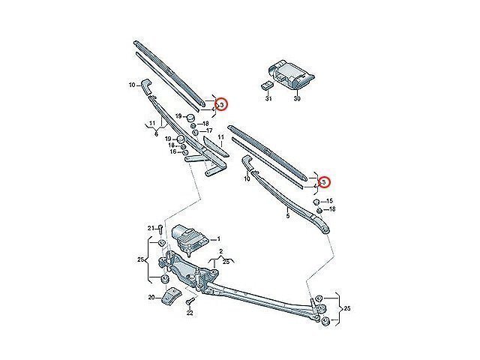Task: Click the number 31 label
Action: coord(268,98)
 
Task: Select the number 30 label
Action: coord(297,98)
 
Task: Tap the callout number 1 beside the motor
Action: coord(218,238)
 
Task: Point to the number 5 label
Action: coord(288,216)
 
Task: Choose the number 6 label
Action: coord(156,134)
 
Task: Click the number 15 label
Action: coord(329,201)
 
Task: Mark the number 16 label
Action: coord(173,151)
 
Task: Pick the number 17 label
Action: coord(209,130)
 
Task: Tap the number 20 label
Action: coord(151,297)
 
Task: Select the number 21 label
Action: coord(151,228)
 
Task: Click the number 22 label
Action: coord(190,313)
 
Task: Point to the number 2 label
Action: coord(221,252)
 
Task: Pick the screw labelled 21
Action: coord(160,229)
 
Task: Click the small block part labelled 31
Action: coord(266,85)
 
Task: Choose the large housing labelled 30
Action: coord(291,73)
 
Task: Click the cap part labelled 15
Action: coord(316,202)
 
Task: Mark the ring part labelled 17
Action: coord(196,132)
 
